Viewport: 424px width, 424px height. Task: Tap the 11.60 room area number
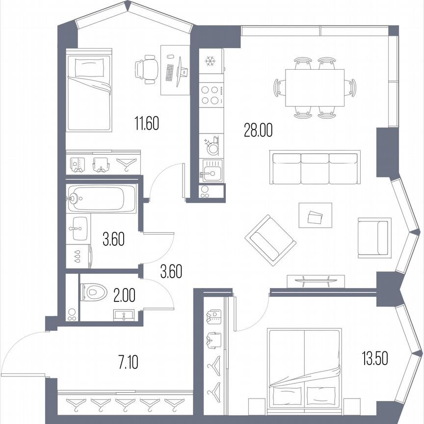point(147,123)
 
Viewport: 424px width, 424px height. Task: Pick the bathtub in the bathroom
point(102,199)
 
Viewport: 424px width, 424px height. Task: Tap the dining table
point(315,88)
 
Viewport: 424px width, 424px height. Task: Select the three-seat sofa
point(315,167)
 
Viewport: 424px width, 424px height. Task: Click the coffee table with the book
point(315,215)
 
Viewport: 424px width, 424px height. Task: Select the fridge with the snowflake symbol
point(211,61)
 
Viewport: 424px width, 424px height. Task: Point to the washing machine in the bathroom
point(79,255)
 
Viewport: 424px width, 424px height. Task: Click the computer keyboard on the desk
point(170,73)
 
